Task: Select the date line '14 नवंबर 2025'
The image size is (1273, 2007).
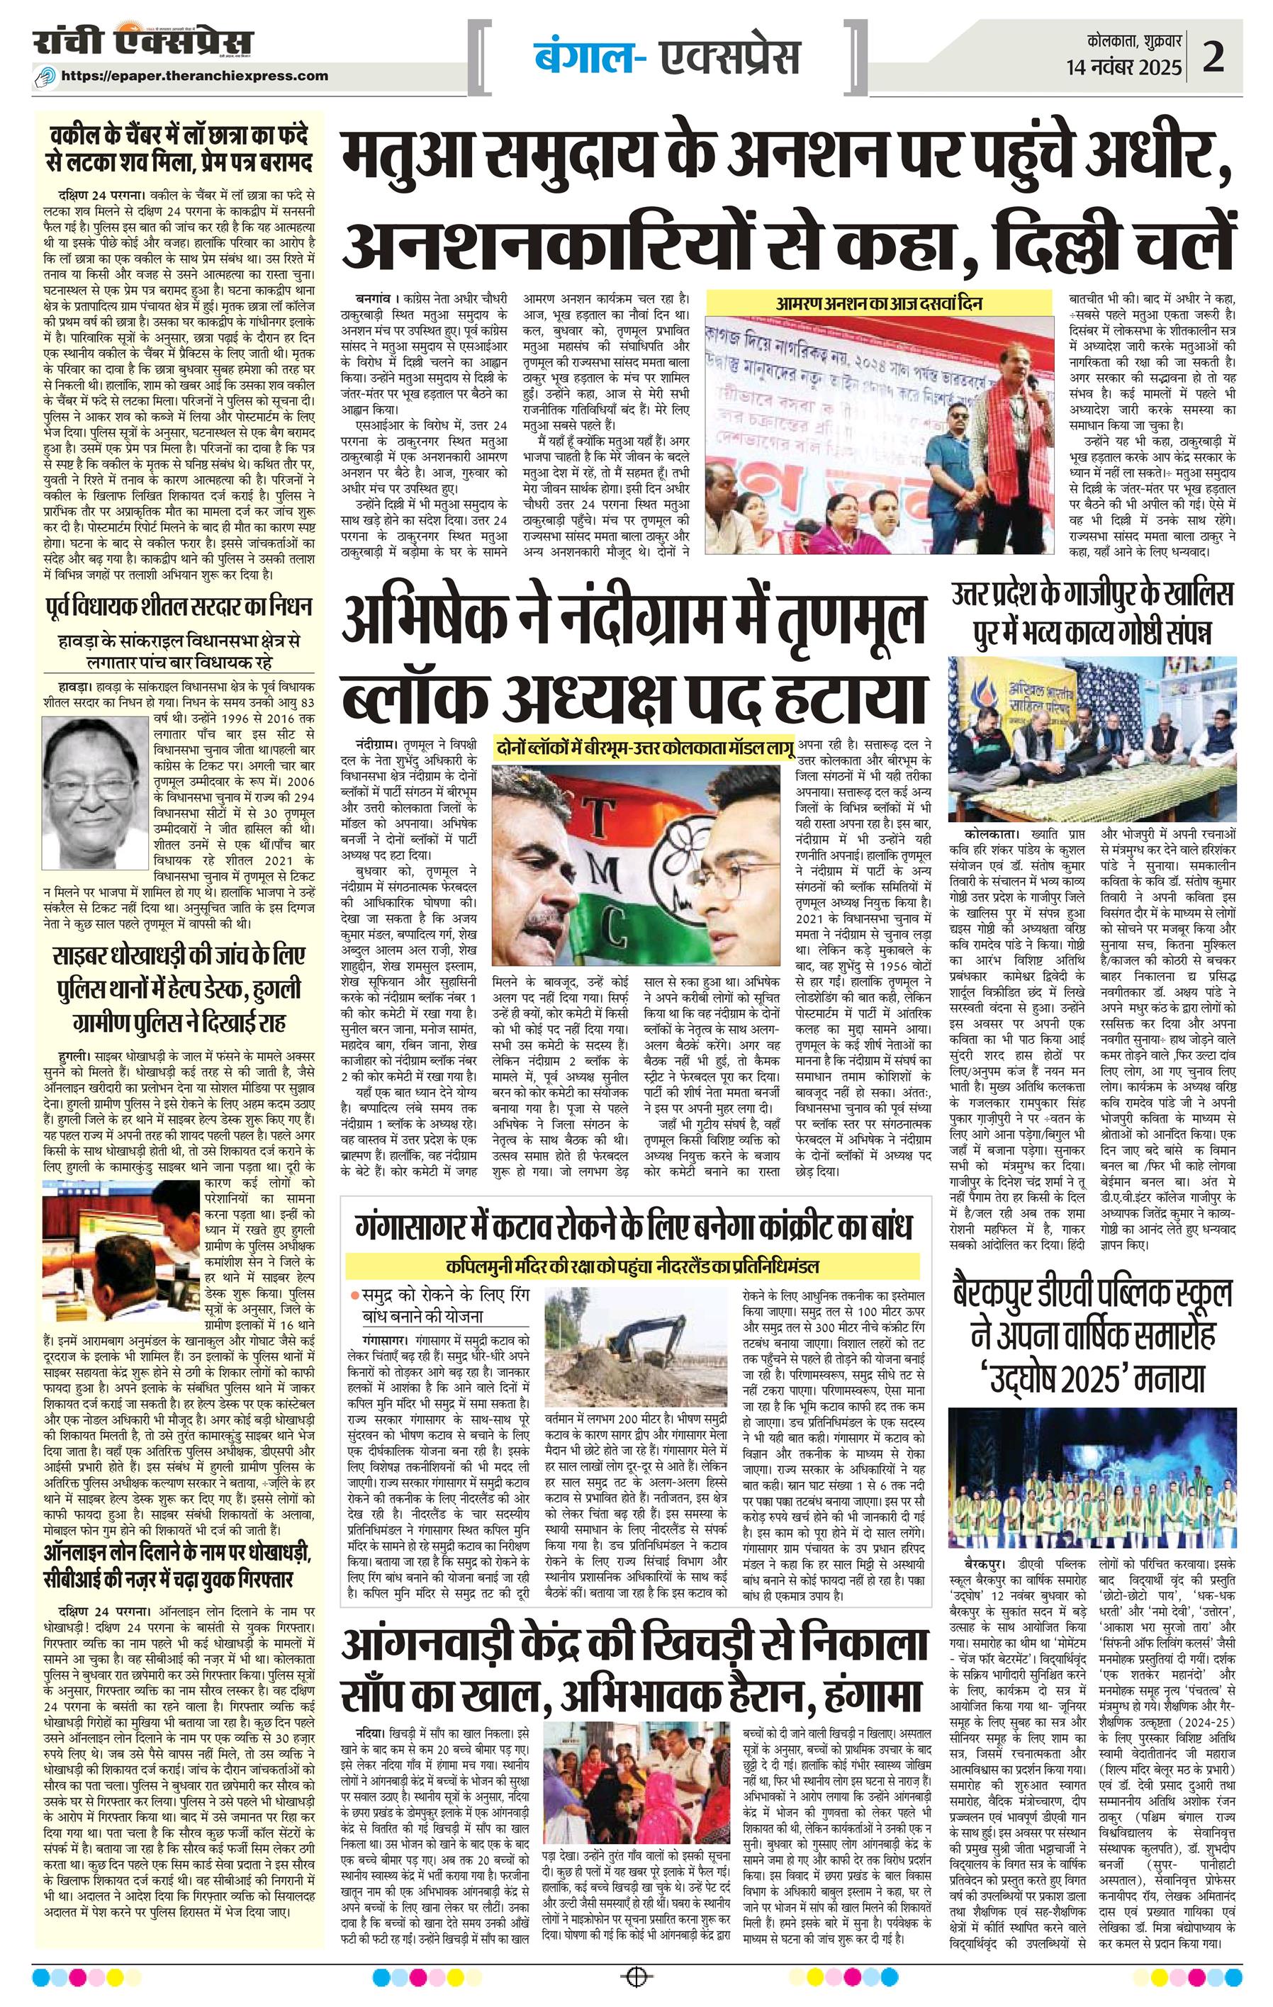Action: click(1123, 67)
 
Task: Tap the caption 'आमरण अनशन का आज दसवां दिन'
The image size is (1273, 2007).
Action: click(886, 303)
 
